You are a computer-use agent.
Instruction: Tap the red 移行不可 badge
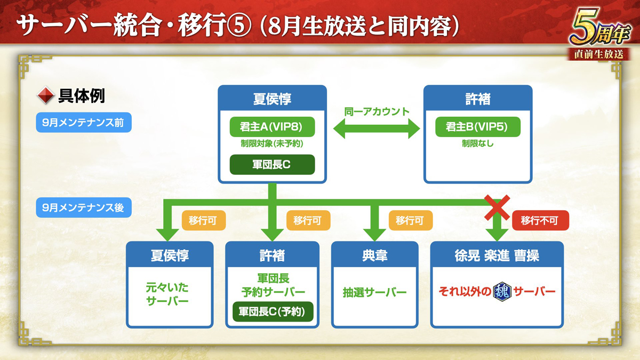(x=540, y=220)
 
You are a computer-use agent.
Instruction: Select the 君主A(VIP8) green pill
(x=272, y=127)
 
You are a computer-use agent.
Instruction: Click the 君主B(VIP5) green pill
(x=477, y=127)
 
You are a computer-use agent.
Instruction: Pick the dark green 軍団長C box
(x=272, y=165)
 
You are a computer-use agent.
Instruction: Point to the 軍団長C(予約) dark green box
(x=272, y=311)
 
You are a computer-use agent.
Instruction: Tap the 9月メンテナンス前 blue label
(x=83, y=123)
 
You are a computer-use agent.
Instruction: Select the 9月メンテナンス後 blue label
(x=83, y=207)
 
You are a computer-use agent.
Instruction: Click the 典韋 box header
(x=374, y=255)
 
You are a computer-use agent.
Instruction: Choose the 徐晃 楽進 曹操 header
(x=497, y=255)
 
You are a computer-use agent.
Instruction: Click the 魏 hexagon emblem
(x=502, y=292)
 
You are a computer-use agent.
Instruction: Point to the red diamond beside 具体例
(x=45, y=97)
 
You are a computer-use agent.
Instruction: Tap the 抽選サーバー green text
(x=374, y=292)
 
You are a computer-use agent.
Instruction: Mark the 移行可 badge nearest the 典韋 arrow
(x=410, y=220)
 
